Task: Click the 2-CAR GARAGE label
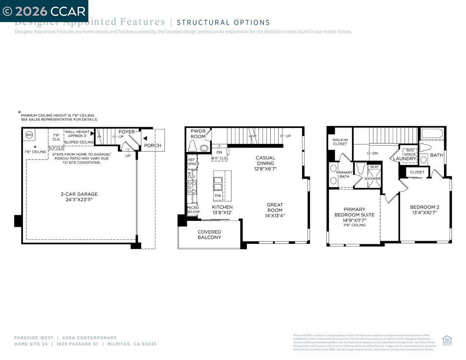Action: coord(79,194)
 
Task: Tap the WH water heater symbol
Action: coord(29,135)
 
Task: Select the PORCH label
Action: coord(152,145)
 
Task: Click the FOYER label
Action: coord(127,132)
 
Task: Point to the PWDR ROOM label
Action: coord(198,134)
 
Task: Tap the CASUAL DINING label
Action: coord(265,160)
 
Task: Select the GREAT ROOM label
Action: coord(275,207)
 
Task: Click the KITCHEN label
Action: coord(222,207)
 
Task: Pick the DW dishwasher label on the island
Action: coord(218,195)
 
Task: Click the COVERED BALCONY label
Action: coord(209,235)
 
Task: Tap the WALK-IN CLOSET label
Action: coord(340,142)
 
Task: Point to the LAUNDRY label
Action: coord(405,159)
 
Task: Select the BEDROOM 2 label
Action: coord(424,207)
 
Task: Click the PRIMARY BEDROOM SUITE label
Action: coord(354,212)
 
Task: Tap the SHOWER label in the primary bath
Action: coord(372,178)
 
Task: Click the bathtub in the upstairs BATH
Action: coord(432,133)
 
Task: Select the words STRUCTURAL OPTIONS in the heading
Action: coord(223,23)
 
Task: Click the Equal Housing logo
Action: coord(447,340)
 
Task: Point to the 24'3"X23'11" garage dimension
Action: coord(79,200)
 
